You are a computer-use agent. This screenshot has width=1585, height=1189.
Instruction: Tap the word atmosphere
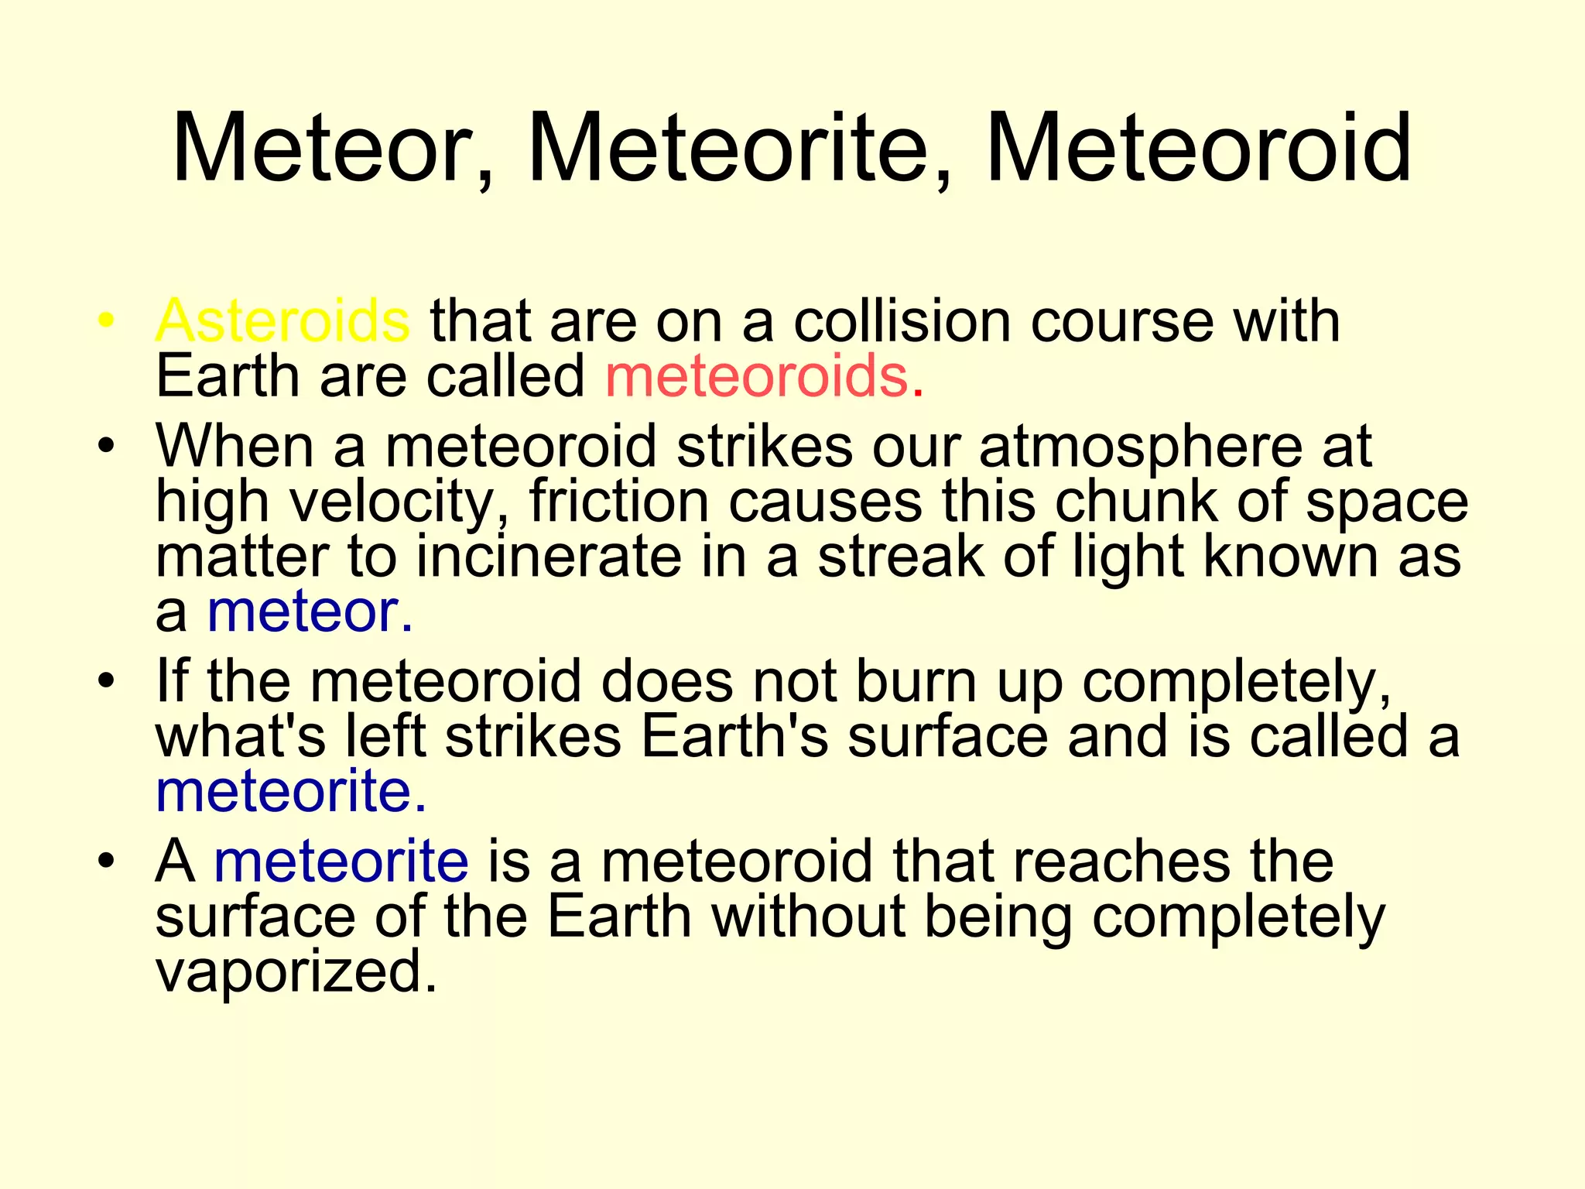pos(1141,447)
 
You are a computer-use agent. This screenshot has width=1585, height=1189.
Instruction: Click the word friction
pos(618,502)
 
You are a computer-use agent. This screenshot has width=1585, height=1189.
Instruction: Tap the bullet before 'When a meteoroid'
pos(106,447)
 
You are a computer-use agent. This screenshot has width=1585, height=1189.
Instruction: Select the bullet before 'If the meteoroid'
pos(106,681)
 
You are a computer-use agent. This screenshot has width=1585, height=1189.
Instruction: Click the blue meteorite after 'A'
pos(341,861)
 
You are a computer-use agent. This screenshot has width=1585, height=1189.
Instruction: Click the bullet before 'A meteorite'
pos(106,861)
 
